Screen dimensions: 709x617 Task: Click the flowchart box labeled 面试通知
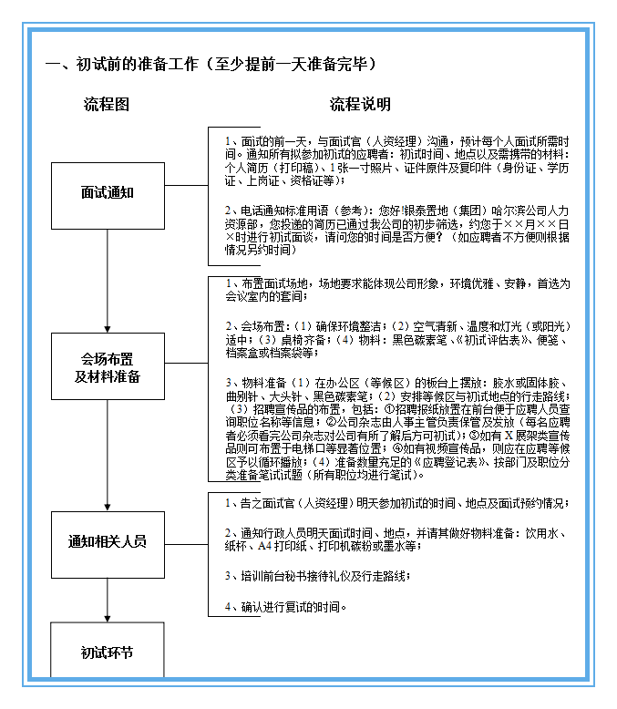tap(108, 193)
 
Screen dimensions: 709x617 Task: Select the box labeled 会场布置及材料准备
tap(108, 367)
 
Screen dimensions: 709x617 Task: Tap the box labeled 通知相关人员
tap(108, 541)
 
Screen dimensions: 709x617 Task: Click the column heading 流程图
tap(107, 105)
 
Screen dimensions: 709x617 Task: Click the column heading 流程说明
tap(360, 105)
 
